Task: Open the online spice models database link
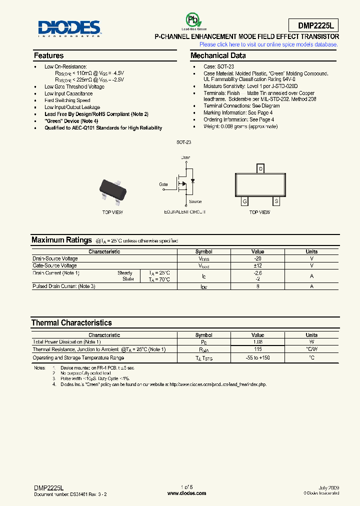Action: click(x=268, y=44)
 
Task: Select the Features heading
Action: click(x=48, y=55)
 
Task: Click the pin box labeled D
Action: click(x=260, y=168)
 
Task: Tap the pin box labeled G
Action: click(x=244, y=201)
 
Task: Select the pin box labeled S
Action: click(x=276, y=201)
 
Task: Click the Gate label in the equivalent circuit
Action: click(x=163, y=184)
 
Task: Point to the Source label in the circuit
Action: click(x=195, y=201)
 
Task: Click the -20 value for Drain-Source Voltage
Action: click(x=258, y=258)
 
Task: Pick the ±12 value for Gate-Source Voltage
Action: click(x=258, y=265)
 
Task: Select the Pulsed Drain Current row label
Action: click(x=64, y=286)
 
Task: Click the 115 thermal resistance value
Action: click(x=258, y=349)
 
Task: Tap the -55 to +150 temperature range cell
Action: click(x=258, y=358)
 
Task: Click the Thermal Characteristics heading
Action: click(x=71, y=322)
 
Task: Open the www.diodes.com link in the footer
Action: click(x=186, y=493)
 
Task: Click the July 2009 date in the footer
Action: click(x=328, y=487)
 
